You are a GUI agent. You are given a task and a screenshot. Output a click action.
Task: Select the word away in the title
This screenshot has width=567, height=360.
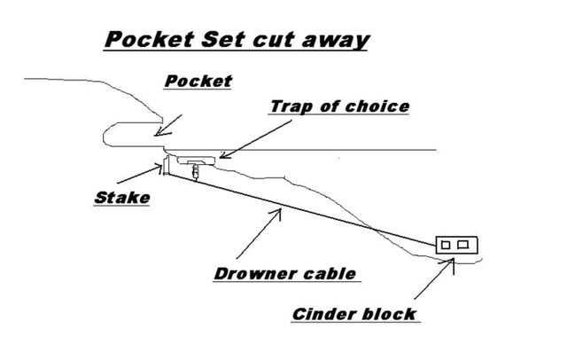(x=332, y=41)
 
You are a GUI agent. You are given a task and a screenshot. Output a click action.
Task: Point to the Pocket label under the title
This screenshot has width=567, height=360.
(x=198, y=82)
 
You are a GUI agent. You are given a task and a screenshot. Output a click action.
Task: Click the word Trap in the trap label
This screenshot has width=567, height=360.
(x=291, y=107)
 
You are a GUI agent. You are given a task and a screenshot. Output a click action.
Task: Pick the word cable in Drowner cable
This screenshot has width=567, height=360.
(x=331, y=273)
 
